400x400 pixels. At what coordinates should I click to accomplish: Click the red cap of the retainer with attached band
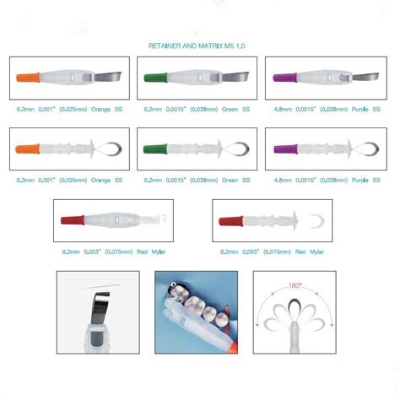click(69, 220)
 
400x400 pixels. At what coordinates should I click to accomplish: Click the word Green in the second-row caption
click(225, 181)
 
